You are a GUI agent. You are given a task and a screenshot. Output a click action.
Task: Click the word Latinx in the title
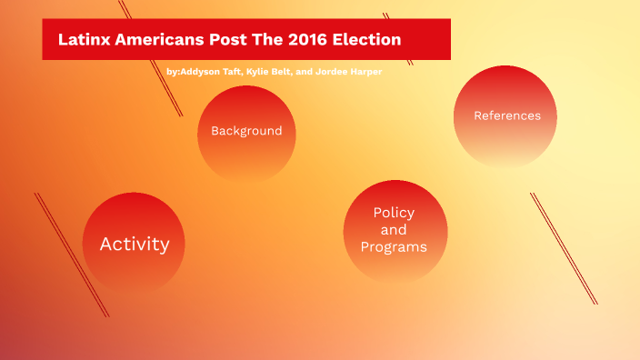tap(84, 40)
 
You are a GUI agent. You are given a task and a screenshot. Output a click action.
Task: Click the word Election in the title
tap(371, 40)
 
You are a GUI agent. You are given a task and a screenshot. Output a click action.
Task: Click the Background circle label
tap(246, 131)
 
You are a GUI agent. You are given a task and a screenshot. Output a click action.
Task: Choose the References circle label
tap(506, 115)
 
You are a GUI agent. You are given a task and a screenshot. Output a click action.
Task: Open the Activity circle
tap(135, 244)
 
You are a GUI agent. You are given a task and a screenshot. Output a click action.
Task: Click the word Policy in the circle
tap(394, 213)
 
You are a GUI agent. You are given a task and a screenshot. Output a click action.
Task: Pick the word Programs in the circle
tap(394, 246)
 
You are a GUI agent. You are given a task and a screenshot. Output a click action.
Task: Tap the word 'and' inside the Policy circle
tap(394, 229)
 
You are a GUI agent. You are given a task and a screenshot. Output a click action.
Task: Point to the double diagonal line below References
tap(564, 245)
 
